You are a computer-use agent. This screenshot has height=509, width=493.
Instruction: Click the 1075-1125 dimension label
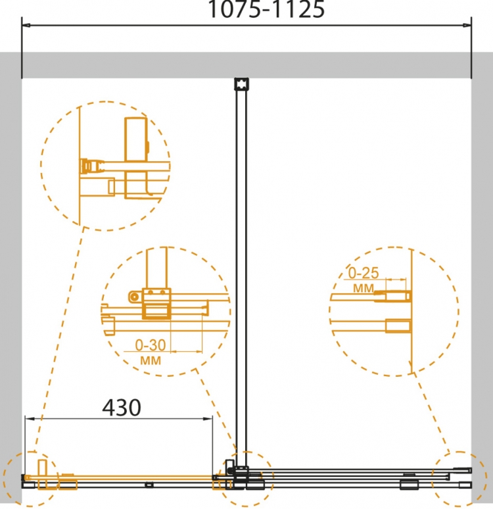[266, 9]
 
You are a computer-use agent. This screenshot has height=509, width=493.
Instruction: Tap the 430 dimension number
[122, 408]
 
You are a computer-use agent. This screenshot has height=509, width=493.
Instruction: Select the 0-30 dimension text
[151, 345]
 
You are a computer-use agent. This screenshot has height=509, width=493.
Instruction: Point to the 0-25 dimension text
[364, 274]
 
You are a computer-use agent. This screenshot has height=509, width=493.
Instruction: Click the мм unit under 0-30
[151, 360]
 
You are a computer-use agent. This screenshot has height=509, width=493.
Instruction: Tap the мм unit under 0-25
[364, 288]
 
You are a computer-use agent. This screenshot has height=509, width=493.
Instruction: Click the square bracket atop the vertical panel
[241, 84]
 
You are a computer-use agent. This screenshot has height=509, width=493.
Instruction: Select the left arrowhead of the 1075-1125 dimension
[26, 25]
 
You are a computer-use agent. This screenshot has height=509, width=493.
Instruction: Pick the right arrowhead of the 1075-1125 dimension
[467, 25]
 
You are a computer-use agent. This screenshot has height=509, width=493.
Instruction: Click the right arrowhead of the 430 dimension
[208, 418]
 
